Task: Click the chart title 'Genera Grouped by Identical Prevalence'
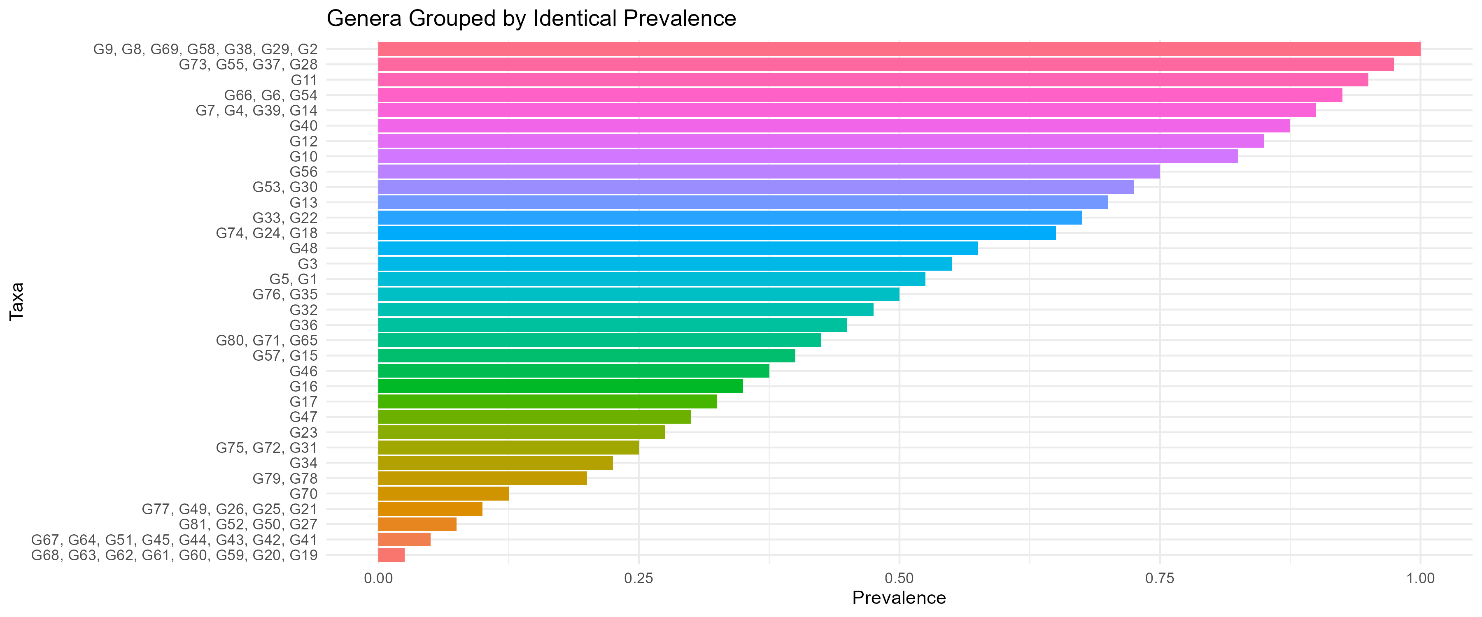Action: point(531,19)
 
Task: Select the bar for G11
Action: point(873,80)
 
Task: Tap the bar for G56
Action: point(769,172)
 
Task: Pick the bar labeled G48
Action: point(678,248)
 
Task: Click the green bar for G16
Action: point(560,386)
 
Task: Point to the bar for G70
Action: point(443,493)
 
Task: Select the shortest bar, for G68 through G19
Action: point(391,555)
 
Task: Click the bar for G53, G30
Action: point(756,187)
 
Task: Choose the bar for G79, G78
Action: point(482,478)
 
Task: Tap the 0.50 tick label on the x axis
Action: point(899,578)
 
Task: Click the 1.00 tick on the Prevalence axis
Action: point(1420,578)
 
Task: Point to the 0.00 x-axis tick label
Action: point(378,578)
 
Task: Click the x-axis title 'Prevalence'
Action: point(899,598)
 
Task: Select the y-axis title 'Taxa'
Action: point(17,302)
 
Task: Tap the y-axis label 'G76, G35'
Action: point(285,295)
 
